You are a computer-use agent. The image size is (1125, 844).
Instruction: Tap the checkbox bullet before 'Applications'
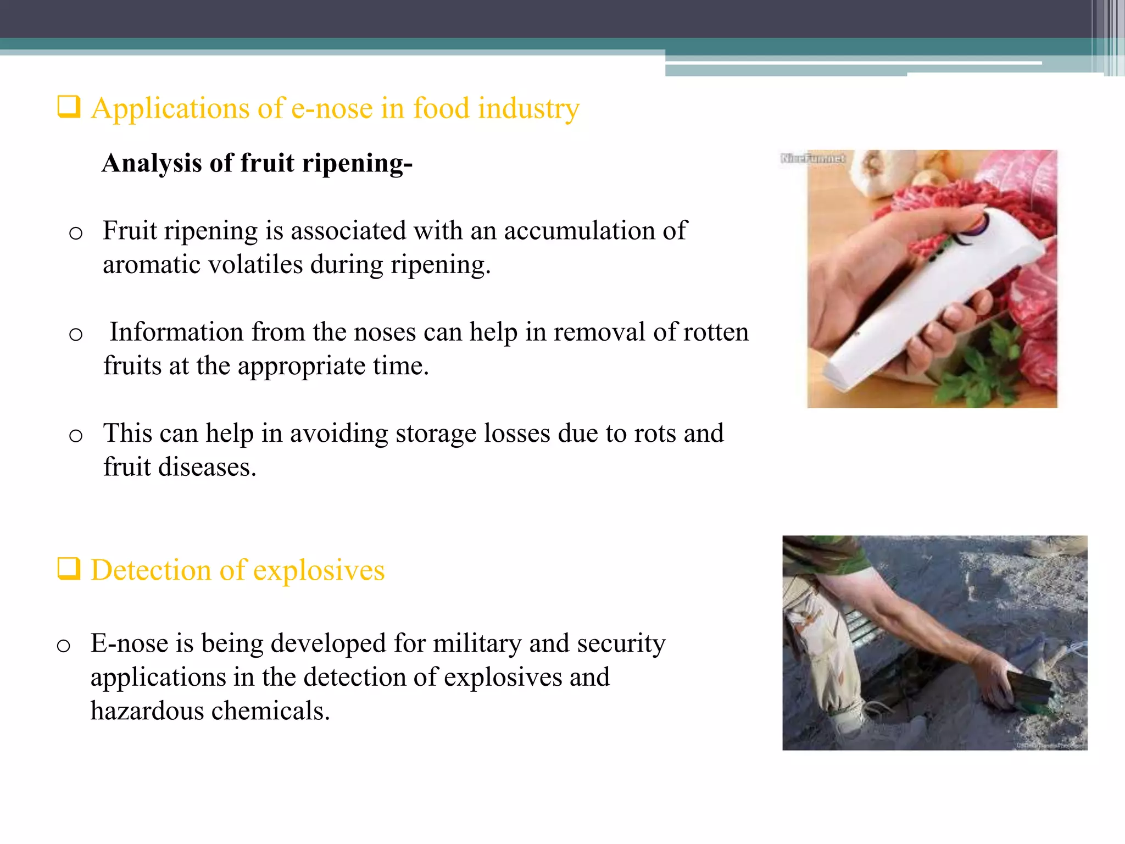click(x=69, y=107)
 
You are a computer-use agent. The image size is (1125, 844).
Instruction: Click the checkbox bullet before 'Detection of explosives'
click(x=69, y=569)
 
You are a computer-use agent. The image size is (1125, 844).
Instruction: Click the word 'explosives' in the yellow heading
click(x=319, y=570)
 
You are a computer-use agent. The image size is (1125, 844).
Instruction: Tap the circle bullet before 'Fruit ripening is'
click(x=76, y=233)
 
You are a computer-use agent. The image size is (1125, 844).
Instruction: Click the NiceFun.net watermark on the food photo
click(x=813, y=159)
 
